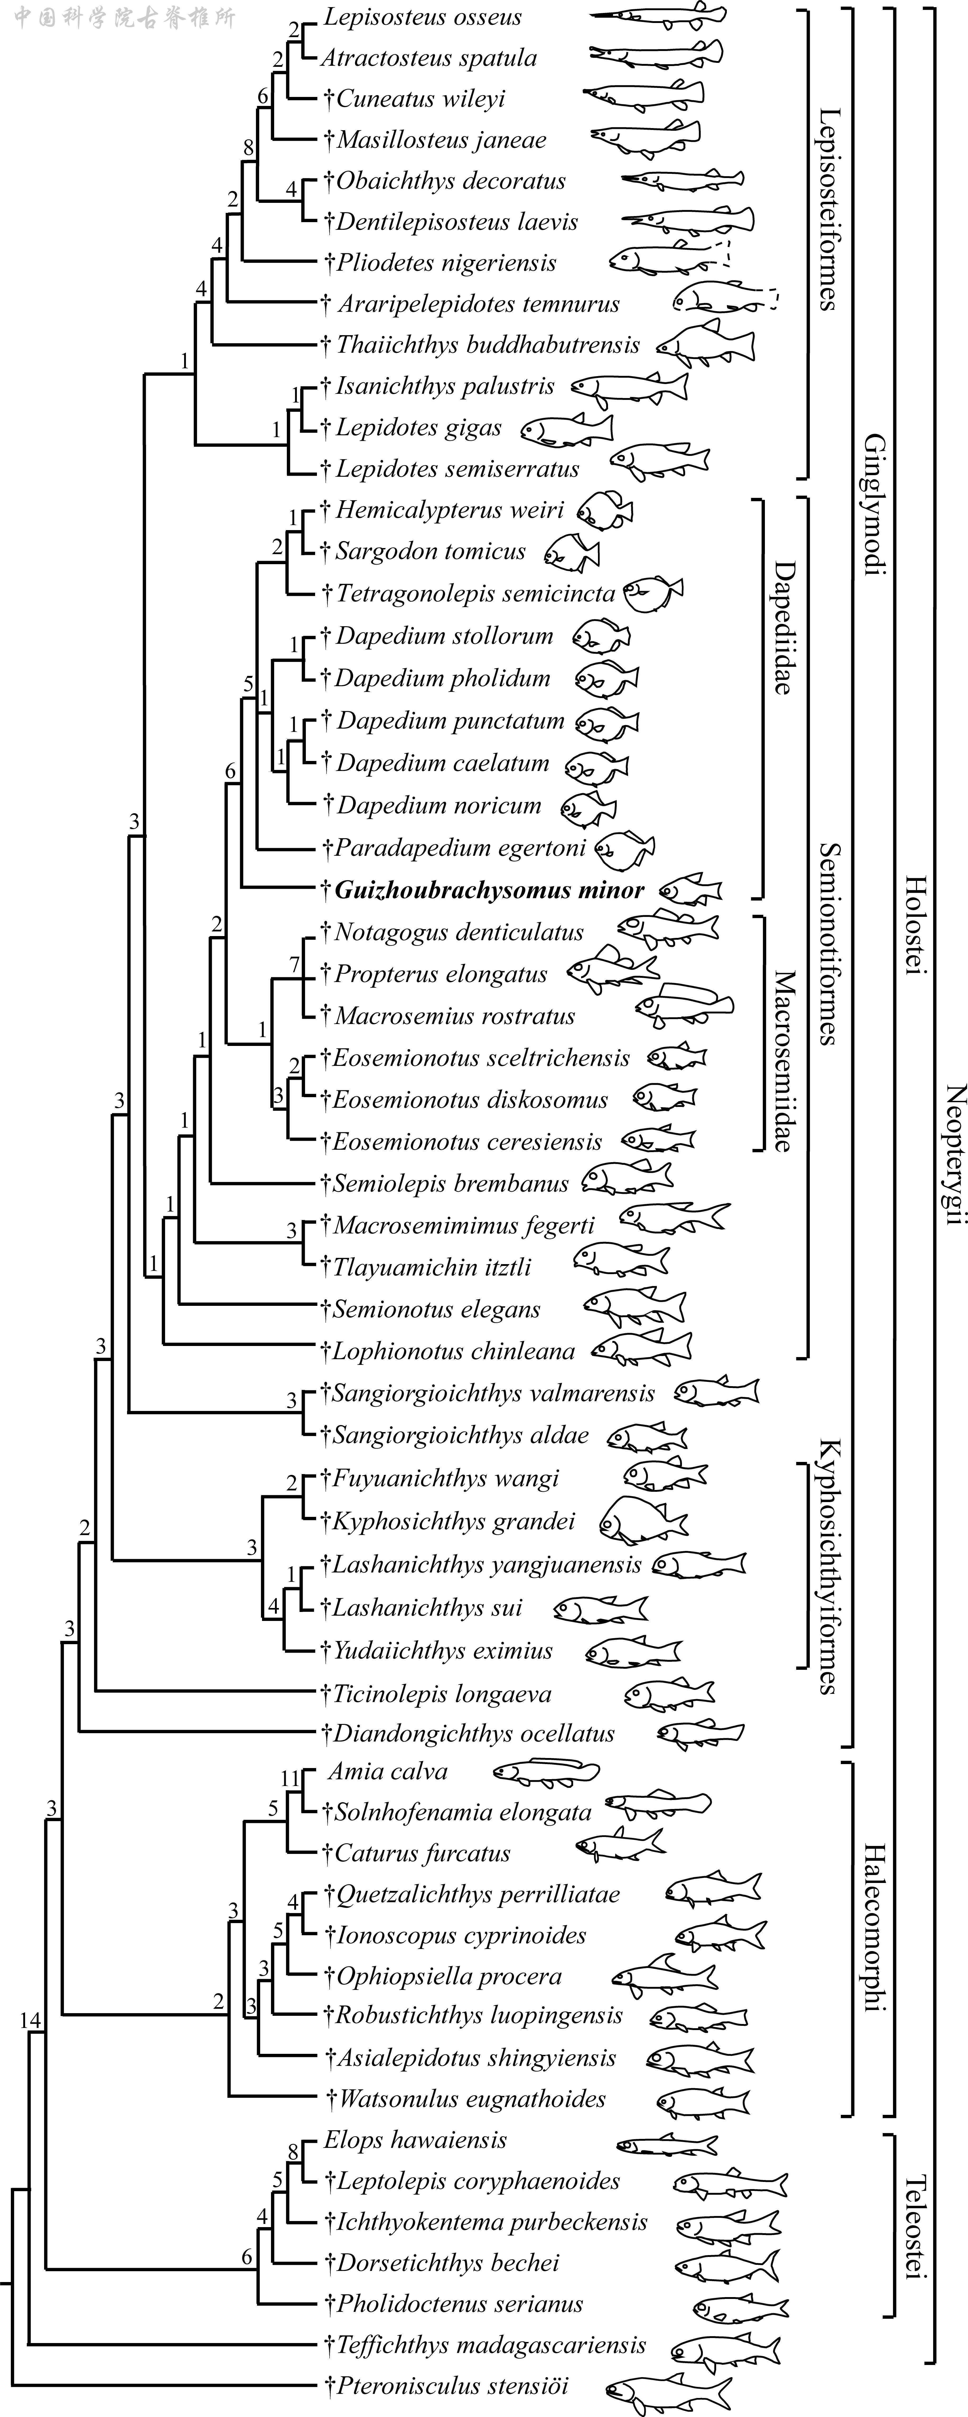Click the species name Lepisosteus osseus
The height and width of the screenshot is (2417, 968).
click(422, 17)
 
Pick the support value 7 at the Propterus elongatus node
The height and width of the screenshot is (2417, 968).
click(294, 965)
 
